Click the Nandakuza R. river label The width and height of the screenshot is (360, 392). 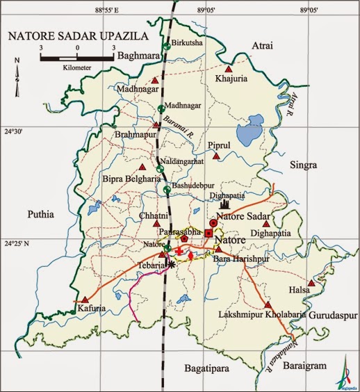(x=293, y=347)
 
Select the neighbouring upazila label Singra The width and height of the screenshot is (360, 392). (x=302, y=165)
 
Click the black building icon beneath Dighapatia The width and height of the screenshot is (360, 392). (x=224, y=206)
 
